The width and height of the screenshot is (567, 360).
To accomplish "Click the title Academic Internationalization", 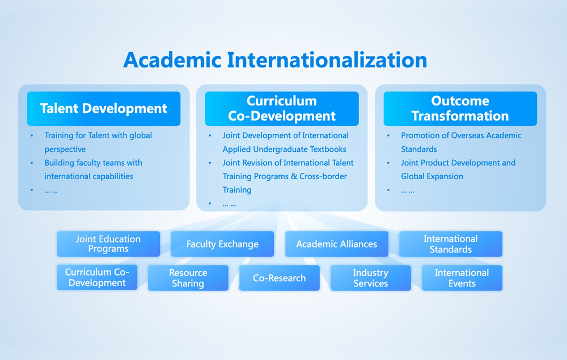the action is (x=275, y=60).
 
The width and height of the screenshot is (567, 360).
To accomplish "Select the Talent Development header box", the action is (x=104, y=108).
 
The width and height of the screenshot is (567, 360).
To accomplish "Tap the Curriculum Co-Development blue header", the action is (x=282, y=108).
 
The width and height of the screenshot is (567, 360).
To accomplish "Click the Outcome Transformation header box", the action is (x=460, y=108).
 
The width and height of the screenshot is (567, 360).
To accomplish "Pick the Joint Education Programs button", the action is (x=108, y=244).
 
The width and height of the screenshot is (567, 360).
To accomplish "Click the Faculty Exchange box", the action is (x=222, y=244).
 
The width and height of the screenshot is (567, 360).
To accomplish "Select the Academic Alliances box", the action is (x=337, y=244).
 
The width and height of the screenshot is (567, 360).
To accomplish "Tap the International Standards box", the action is (x=451, y=244).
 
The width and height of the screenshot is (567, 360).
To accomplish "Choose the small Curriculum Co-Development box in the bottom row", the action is (x=97, y=278).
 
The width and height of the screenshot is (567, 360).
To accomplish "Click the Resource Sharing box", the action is (x=188, y=278).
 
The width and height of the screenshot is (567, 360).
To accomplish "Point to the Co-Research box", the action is (x=279, y=278).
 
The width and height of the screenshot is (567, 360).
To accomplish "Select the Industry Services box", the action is (x=371, y=278).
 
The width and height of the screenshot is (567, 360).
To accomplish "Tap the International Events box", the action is (x=462, y=278).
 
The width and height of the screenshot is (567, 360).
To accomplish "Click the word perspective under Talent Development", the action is (x=65, y=150).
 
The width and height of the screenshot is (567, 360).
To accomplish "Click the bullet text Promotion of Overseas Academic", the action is (x=461, y=135).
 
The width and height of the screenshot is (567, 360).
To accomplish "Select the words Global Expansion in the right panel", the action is (x=431, y=176).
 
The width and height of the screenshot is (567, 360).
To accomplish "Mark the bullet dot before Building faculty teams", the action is (x=32, y=163).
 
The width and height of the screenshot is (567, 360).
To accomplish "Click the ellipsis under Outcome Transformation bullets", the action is (x=408, y=191).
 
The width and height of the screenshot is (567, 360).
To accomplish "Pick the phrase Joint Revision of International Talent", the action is (x=288, y=163).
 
